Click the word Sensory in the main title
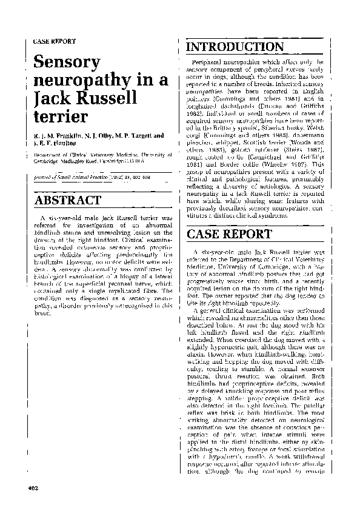pos(67,62)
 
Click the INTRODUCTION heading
pos(235,47)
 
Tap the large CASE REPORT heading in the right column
pos(229,234)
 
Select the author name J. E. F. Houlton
pos(55,143)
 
